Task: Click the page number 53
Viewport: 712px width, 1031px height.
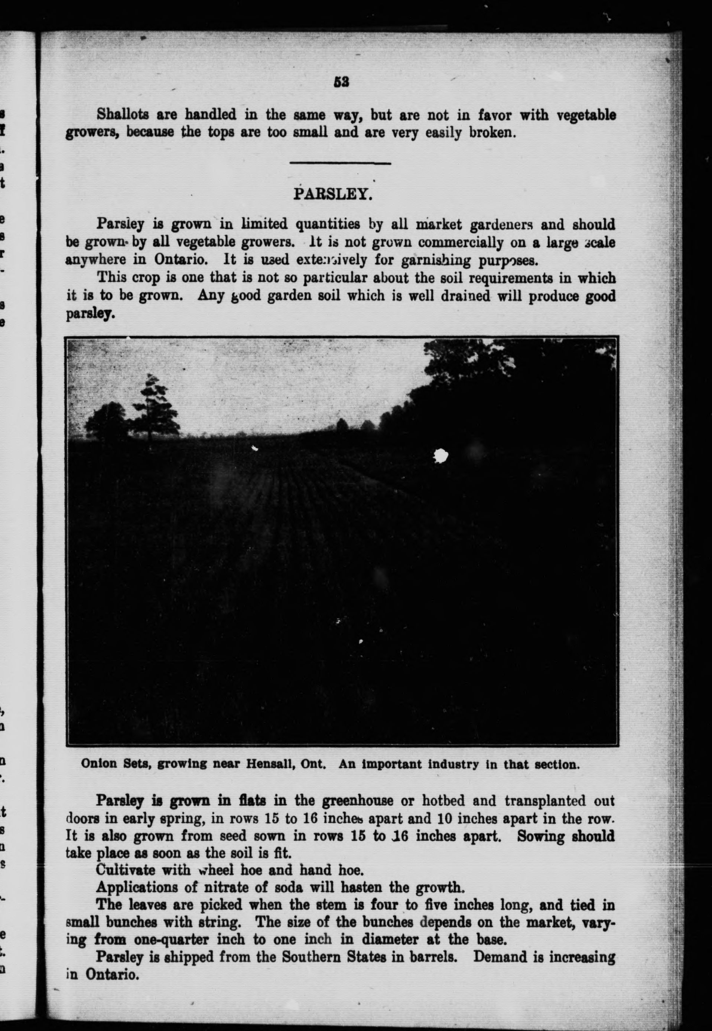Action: point(341,82)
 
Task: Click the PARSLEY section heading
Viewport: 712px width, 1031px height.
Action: point(332,194)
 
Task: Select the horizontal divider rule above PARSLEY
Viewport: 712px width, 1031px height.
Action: point(340,163)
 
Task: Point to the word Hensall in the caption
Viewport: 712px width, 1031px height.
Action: point(286,764)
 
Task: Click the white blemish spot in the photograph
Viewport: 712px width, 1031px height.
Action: point(441,455)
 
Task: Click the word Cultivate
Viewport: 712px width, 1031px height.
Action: point(126,870)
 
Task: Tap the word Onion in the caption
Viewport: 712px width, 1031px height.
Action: point(94,764)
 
